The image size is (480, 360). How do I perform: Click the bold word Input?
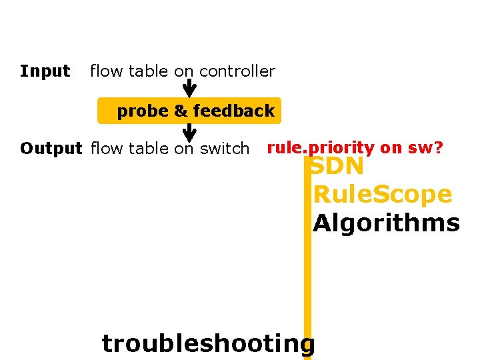click(45, 71)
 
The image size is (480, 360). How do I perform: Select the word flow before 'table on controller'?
click(103, 71)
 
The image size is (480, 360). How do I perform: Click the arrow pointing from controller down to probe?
click(189, 89)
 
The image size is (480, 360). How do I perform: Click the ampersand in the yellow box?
click(181, 111)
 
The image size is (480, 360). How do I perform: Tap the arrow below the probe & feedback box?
click(189, 133)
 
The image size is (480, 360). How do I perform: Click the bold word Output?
click(51, 148)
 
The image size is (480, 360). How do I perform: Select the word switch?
click(224, 148)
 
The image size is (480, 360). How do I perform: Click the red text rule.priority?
click(321, 147)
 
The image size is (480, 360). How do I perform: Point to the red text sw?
click(426, 147)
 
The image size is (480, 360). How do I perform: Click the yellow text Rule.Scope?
click(383, 195)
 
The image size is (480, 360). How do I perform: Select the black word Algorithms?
click(387, 223)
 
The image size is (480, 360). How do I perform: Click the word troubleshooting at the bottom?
click(207, 343)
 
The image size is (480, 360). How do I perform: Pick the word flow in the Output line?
click(103, 148)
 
